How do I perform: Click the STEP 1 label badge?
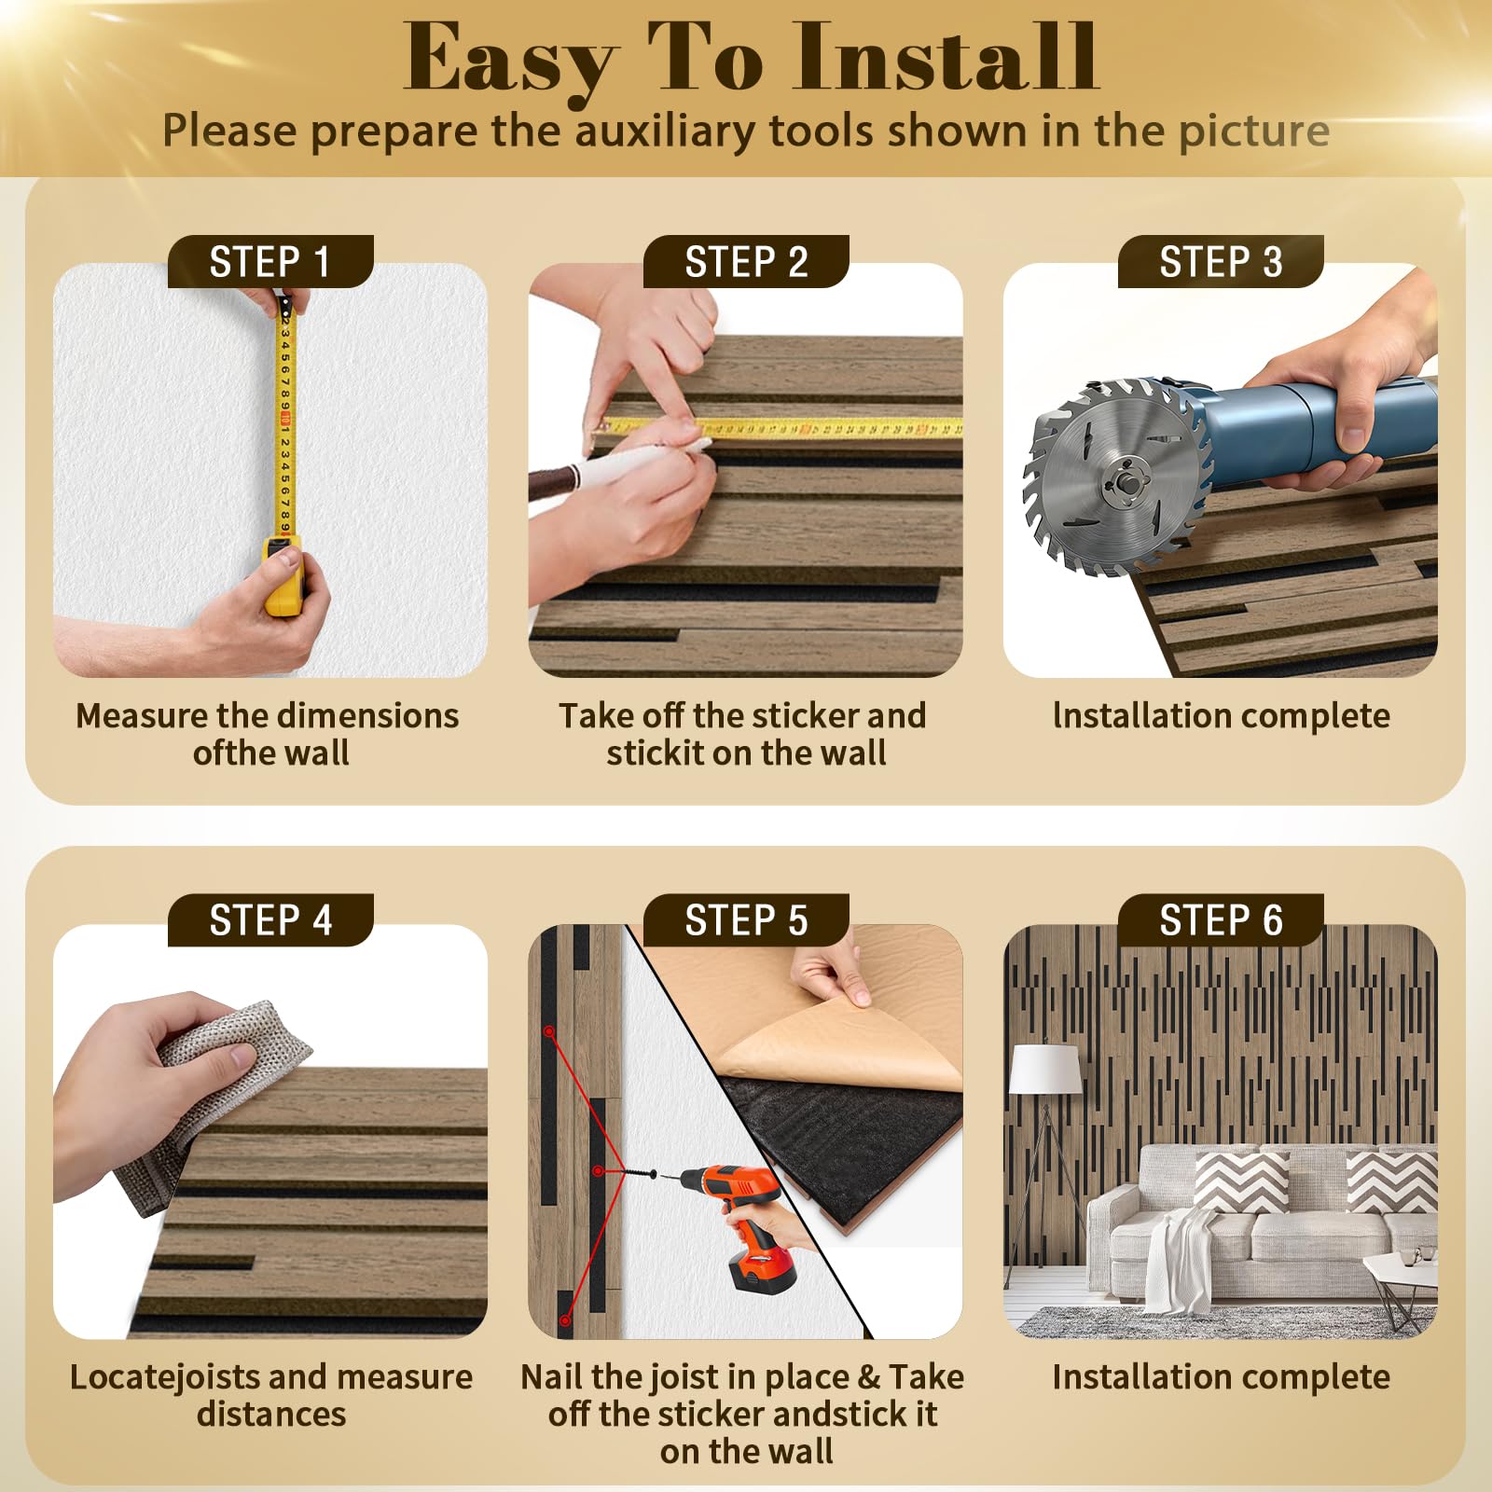pos(270,262)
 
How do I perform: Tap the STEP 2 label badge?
pos(746,262)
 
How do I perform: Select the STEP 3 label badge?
pos(1221,262)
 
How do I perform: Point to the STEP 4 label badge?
pos(270,920)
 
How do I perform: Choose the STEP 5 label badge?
pos(746,920)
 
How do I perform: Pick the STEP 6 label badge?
pos(1221,920)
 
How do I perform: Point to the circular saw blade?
pos(1116,477)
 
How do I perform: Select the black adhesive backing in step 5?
pos(844,1147)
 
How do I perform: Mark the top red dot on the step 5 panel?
pos(549,1032)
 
